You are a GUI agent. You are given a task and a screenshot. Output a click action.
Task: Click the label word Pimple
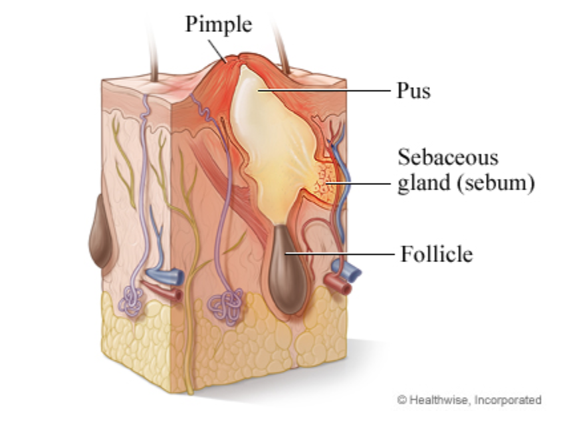coord(219,24)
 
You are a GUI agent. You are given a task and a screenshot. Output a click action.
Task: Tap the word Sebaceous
coord(447,158)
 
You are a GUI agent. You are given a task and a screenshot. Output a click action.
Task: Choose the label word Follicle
coord(436,253)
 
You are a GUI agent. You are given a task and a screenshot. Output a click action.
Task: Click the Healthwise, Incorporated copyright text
coord(469,400)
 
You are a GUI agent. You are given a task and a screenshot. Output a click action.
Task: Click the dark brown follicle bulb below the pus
coord(287,269)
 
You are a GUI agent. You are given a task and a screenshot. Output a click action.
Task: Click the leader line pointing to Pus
coord(326,90)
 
